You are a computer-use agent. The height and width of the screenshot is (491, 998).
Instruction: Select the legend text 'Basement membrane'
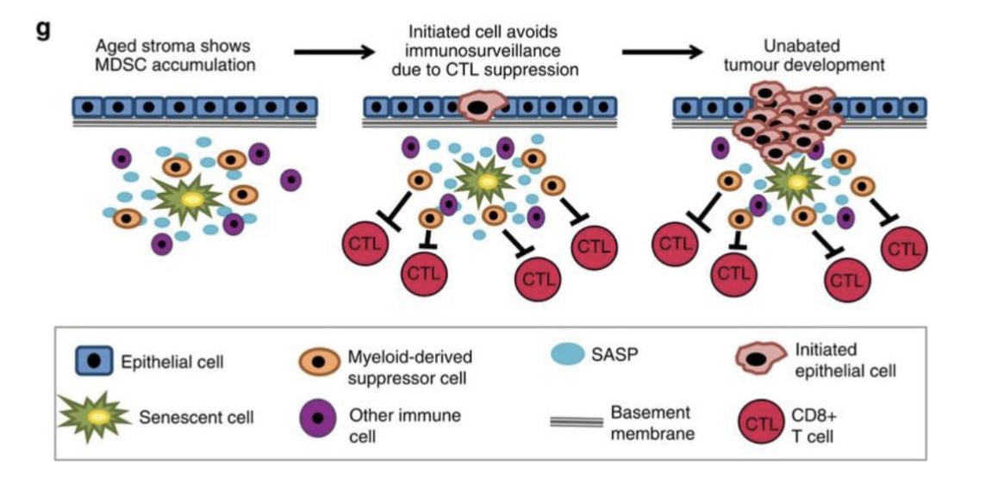click(x=651, y=422)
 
